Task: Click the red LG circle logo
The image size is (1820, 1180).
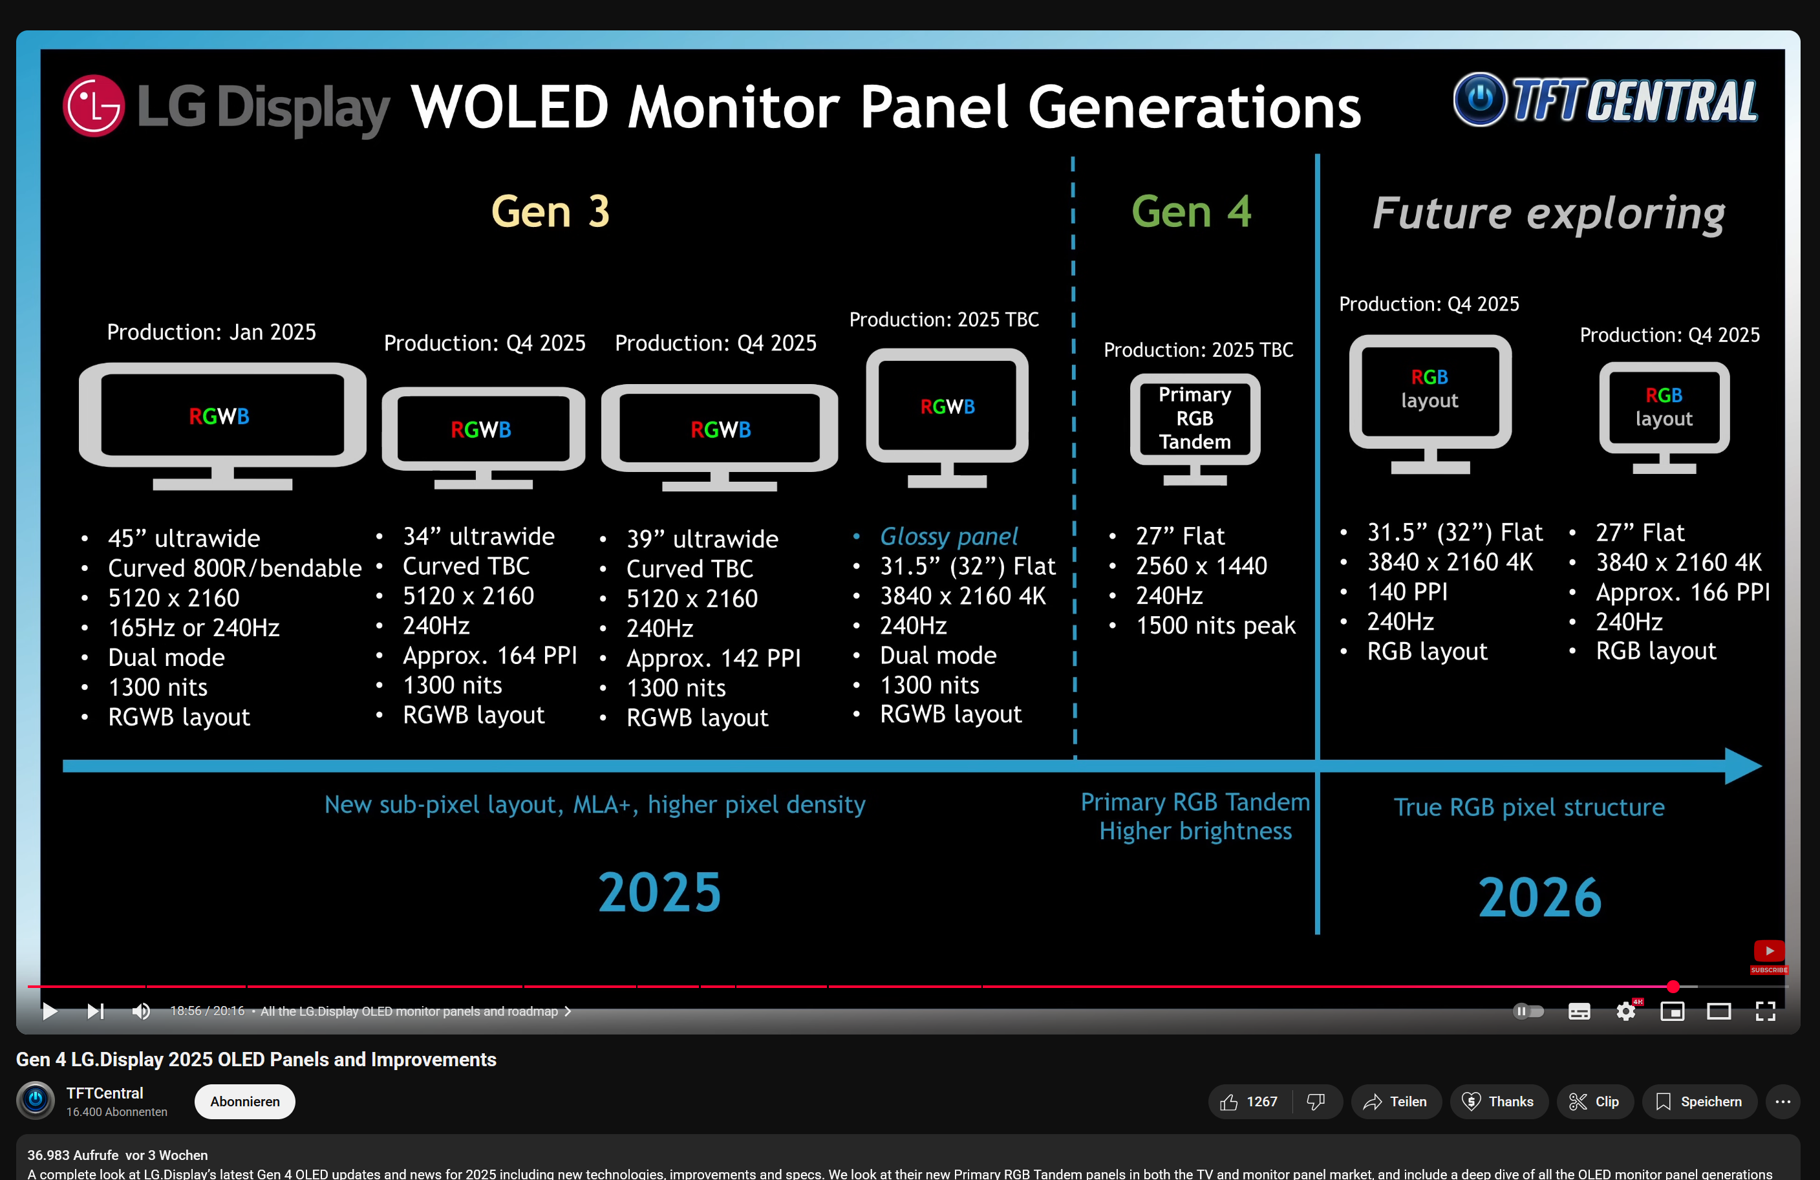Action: click(93, 105)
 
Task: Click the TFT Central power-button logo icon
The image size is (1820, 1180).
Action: click(1480, 100)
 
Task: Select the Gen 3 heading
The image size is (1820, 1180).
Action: click(550, 212)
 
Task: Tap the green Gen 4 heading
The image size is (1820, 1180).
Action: click(1191, 212)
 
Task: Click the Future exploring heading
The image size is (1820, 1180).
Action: click(1548, 213)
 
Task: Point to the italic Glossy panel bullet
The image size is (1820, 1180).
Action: click(948, 536)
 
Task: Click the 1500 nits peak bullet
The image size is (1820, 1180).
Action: click(1215, 625)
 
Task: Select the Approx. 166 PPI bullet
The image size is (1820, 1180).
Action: click(1682, 592)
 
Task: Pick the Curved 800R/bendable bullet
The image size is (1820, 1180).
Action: click(234, 568)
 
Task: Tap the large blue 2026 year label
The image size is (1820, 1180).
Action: click(1539, 897)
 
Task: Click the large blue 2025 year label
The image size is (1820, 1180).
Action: click(659, 892)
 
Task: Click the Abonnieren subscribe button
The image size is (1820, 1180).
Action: click(244, 1101)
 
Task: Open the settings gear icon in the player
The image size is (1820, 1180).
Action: click(1626, 1011)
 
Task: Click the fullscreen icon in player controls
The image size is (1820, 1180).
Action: click(1765, 1011)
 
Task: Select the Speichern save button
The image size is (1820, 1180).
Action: click(1699, 1101)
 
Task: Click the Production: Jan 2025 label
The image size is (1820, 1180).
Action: click(211, 332)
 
